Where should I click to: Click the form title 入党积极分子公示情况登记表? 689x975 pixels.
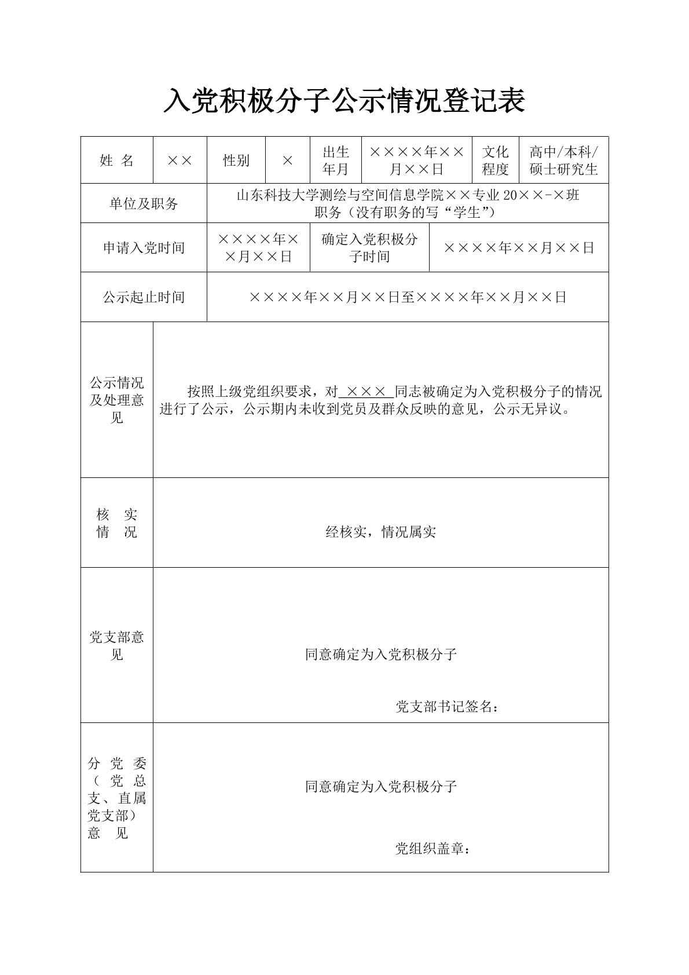click(344, 101)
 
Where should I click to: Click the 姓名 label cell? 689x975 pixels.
click(116, 160)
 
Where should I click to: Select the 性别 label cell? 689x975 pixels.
click(236, 160)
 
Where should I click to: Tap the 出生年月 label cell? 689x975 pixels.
click(336, 160)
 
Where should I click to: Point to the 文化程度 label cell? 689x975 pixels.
click(495, 160)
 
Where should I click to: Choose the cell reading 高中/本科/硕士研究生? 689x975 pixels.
click(563, 160)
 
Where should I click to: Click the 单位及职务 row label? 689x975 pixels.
click(144, 204)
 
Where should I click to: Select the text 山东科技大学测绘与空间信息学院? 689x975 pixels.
click(340, 195)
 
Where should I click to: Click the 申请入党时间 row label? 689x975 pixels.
click(144, 248)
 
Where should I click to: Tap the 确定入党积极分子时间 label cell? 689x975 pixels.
click(369, 248)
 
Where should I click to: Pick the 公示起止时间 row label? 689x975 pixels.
click(144, 297)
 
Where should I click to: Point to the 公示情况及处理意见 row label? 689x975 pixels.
click(116, 400)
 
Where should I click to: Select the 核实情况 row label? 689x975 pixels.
click(116, 523)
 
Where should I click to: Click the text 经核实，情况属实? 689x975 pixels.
click(380, 532)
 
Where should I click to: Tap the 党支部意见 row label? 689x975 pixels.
click(116, 646)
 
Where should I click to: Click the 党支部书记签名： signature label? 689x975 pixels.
click(447, 707)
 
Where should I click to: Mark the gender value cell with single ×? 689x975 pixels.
click(288, 160)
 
